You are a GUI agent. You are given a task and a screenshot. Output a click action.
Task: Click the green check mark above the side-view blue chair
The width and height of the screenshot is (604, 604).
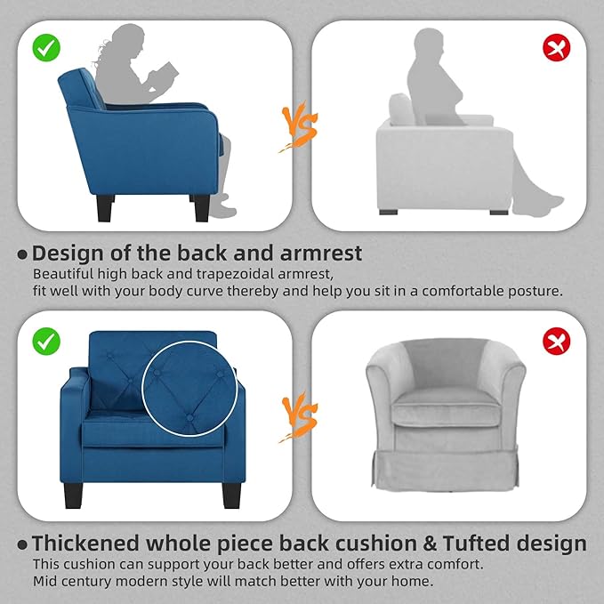pyautogui.click(x=46, y=49)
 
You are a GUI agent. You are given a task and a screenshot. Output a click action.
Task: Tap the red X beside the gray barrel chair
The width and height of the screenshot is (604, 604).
pyautogui.click(x=557, y=340)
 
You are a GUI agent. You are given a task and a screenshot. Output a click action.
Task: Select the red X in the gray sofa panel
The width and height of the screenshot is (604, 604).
pyautogui.click(x=557, y=49)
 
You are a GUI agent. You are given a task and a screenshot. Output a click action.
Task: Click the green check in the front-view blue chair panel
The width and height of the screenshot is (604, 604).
pyautogui.click(x=46, y=339)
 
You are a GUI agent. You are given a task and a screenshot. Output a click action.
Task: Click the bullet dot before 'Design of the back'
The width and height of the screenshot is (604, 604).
pyautogui.click(x=22, y=254)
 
